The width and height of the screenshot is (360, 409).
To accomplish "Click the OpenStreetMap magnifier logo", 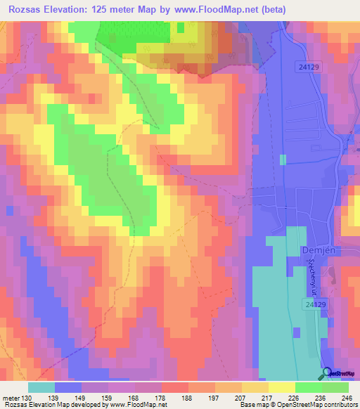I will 326,374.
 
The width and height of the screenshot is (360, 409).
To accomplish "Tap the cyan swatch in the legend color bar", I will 41,387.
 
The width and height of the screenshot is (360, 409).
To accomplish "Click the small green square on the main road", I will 283,160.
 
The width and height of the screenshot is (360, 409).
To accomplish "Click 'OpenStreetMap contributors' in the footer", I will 319,405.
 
